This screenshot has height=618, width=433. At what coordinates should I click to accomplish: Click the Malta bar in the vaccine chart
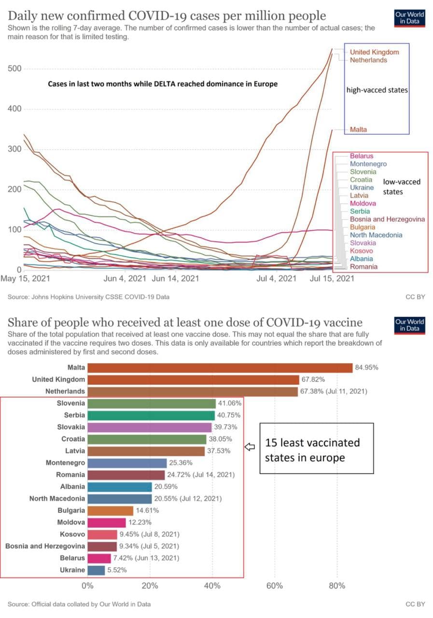220,367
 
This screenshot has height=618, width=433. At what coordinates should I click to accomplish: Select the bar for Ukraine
96,570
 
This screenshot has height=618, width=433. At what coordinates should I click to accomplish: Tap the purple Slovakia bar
149,427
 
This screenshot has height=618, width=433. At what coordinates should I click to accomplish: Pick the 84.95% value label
366,367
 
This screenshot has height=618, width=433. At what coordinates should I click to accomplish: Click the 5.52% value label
118,570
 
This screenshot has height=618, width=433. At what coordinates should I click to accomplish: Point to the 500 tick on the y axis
14,69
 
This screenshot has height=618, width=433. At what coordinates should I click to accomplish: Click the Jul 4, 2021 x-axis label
276,279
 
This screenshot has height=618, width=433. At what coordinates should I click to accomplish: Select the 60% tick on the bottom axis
275,586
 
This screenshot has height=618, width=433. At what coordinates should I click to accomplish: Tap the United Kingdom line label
374,52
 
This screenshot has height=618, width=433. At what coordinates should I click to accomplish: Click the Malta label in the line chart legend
358,129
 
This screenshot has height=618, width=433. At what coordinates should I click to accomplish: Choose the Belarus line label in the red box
362,156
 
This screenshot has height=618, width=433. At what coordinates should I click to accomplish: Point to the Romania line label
363,267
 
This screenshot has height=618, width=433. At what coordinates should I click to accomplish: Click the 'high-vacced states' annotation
377,90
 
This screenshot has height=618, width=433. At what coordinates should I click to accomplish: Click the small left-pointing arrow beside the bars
250,448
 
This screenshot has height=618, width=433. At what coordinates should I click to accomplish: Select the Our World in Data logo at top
409,17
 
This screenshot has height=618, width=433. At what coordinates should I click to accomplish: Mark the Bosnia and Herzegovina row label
45,546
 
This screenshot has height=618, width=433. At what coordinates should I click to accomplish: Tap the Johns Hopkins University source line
88,297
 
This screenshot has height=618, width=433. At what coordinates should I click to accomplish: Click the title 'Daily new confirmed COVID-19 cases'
167,16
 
